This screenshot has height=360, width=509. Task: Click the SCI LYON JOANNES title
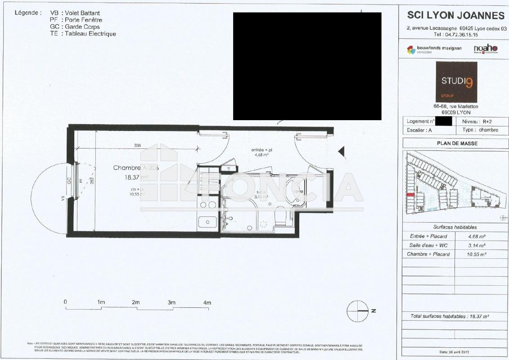(x=455, y=15)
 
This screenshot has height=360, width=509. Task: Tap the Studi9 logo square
(x=456, y=82)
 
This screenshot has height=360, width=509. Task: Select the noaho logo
(x=485, y=49)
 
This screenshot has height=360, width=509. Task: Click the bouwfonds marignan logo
(x=428, y=49)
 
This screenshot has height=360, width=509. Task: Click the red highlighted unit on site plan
(x=410, y=194)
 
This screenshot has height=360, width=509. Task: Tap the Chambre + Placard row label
(x=428, y=254)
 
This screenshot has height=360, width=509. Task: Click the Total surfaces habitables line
(x=450, y=316)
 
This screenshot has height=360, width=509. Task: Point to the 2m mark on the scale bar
(x=136, y=303)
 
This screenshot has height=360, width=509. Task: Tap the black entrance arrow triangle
(x=342, y=152)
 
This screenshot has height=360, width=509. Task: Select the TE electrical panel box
(x=229, y=168)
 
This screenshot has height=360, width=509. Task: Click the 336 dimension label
(x=138, y=145)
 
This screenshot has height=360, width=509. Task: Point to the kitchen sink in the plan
(x=207, y=221)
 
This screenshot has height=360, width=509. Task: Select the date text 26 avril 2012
(x=455, y=351)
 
